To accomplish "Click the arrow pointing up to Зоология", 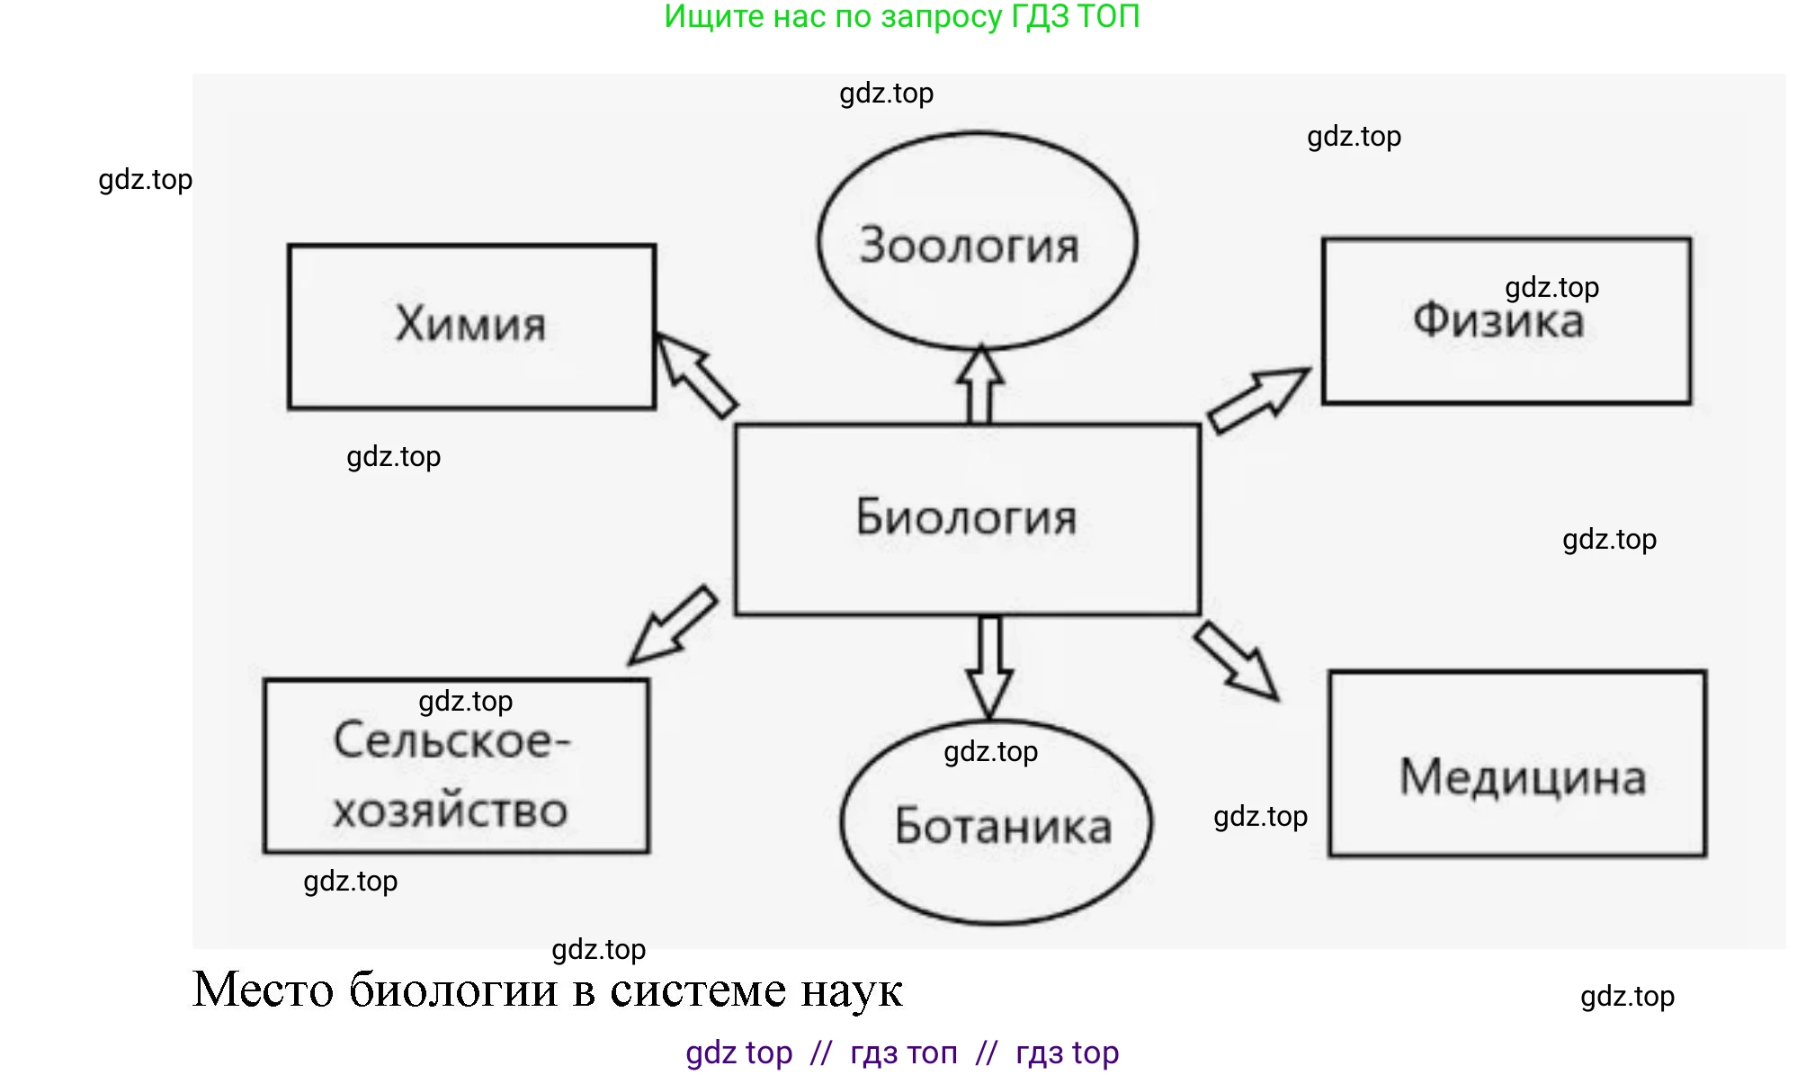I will coord(979,384).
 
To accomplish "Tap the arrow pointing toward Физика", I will coord(1257,399).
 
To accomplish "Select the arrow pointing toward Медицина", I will coord(1238,660).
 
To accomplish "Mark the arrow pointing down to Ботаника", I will coord(989,667).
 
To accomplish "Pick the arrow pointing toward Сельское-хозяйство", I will coord(674,625).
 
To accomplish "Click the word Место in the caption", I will coord(263,990).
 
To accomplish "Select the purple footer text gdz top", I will coord(738,1053).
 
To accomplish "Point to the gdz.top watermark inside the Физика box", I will coord(1551,288).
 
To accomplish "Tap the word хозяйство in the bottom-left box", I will coord(450,811).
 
